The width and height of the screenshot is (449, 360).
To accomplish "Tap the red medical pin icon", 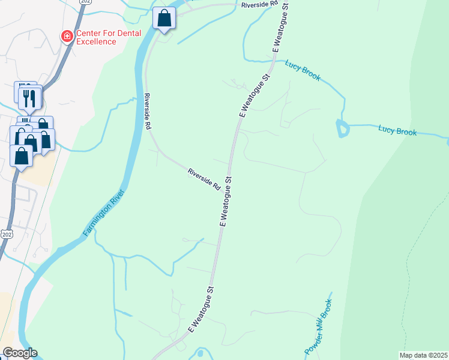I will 67,37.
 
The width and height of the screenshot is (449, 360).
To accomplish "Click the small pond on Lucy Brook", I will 342,128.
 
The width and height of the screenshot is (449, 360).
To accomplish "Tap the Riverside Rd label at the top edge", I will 259,4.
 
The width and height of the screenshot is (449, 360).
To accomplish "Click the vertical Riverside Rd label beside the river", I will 147,112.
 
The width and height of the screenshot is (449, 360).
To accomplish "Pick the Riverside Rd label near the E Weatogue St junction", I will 205,179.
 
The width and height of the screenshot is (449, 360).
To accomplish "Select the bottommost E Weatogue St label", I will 201,309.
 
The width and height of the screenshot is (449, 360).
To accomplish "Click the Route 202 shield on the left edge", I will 6,233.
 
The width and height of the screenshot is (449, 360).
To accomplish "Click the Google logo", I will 20,353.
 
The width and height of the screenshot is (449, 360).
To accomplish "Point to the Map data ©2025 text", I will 423,355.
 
